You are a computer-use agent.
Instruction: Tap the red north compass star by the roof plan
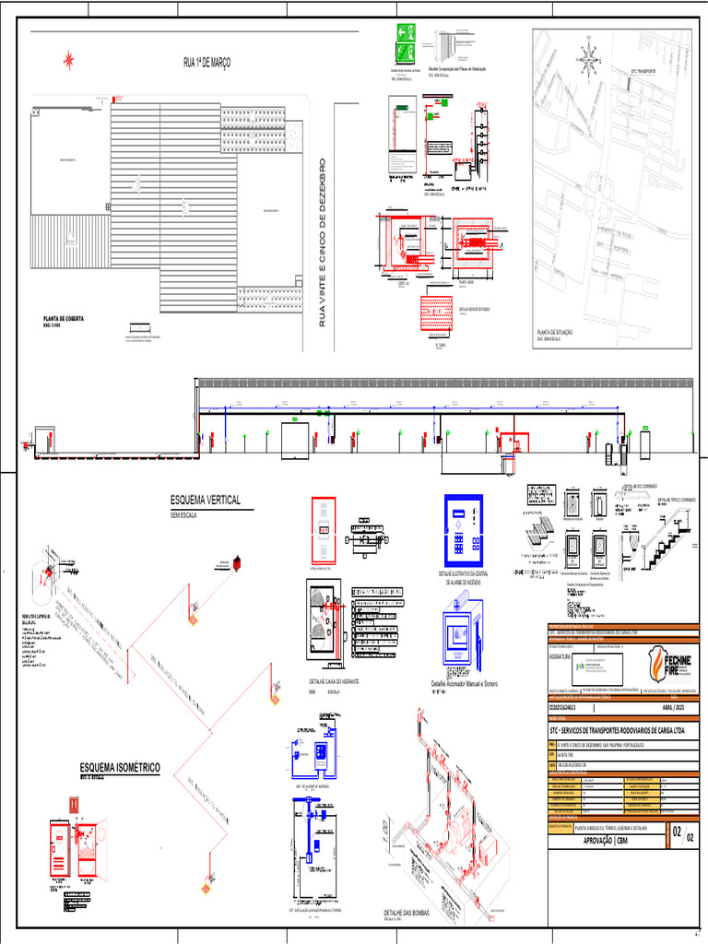[67, 61]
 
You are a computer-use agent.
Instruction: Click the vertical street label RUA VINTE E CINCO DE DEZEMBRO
[323, 246]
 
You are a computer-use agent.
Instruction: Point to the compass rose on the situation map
[585, 60]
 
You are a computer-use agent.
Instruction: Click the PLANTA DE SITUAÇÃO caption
[561, 333]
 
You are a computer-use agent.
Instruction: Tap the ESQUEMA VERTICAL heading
[205, 500]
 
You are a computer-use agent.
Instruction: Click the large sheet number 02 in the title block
[678, 833]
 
